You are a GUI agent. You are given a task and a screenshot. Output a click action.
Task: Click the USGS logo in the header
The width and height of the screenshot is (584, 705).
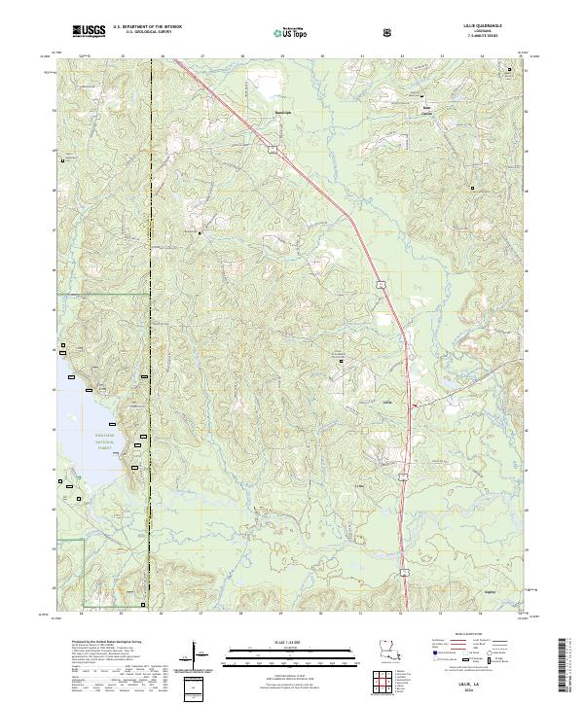click(x=90, y=30)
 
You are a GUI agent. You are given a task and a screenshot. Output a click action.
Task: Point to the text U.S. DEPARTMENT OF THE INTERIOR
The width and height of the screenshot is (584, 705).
click(x=147, y=26)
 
